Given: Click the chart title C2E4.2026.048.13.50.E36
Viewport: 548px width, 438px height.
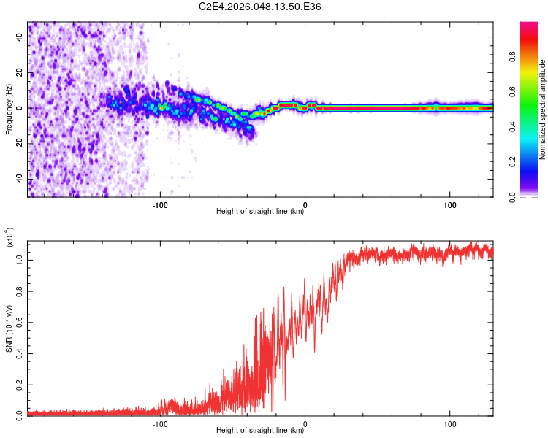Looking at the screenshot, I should pyautogui.click(x=261, y=7).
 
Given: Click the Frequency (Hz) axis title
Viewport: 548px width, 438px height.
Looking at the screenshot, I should pyautogui.click(x=9, y=109).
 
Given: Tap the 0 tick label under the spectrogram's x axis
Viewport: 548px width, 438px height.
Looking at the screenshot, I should pyautogui.click(x=305, y=204).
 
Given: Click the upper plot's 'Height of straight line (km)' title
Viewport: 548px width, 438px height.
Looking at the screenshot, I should pyautogui.click(x=260, y=212).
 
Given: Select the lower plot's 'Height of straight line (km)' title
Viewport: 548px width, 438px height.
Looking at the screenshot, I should pyautogui.click(x=260, y=431).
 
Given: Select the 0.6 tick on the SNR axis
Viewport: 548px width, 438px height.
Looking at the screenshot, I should pyautogui.click(x=20, y=320).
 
